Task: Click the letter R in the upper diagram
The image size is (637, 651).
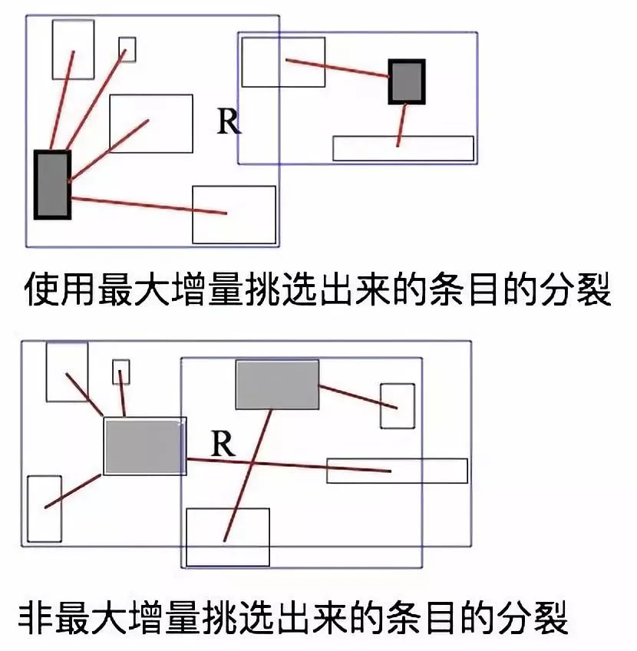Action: [x=229, y=121]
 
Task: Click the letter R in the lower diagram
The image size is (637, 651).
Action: [x=222, y=444]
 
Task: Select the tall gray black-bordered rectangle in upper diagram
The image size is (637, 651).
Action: [x=52, y=185]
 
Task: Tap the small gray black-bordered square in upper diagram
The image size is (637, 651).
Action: [x=406, y=81]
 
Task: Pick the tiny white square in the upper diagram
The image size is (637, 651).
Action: [x=127, y=49]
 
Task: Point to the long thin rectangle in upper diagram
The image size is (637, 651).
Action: [x=403, y=148]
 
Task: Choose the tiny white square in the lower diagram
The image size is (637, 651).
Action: [x=121, y=372]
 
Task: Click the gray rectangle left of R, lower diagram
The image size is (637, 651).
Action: [x=144, y=447]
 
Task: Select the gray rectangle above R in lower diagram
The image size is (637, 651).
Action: [x=277, y=385]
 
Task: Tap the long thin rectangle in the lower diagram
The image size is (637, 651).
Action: [x=397, y=471]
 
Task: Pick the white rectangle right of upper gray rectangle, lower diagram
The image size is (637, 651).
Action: [x=398, y=405]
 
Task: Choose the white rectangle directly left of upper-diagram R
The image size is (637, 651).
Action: [x=150, y=124]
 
